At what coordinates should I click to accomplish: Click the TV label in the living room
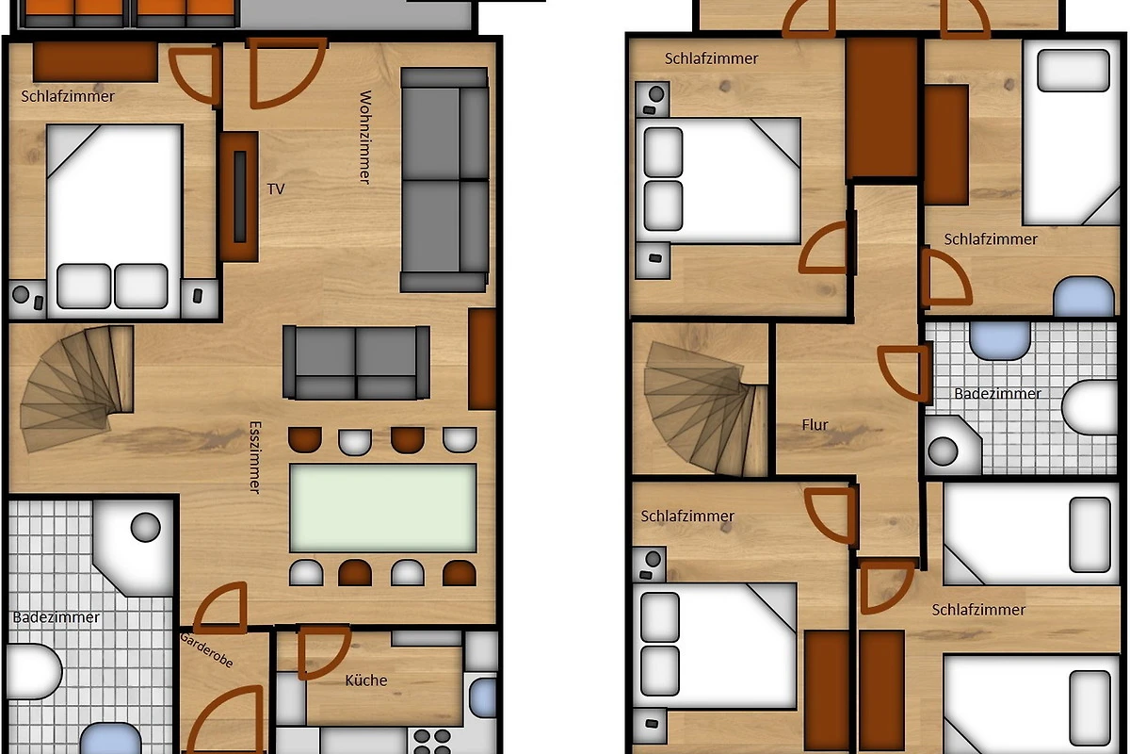(275, 188)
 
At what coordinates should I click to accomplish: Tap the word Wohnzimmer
(365, 138)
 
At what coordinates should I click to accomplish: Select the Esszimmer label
(255, 457)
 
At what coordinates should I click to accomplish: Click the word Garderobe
(206, 650)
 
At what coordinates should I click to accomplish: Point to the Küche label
(366, 680)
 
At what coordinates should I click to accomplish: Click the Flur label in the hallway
(815, 425)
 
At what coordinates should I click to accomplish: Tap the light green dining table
(383, 508)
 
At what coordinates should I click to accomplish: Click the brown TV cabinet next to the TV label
(239, 197)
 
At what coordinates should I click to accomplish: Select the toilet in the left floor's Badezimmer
(33, 671)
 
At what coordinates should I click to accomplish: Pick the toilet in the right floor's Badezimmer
(1090, 407)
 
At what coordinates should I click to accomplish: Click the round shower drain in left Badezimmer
(146, 527)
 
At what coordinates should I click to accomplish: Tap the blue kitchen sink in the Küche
(483, 697)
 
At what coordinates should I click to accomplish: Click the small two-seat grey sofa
(356, 363)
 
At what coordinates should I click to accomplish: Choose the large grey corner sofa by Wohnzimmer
(444, 180)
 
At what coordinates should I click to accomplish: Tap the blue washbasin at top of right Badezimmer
(1000, 340)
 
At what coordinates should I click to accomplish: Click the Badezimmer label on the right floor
(997, 393)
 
